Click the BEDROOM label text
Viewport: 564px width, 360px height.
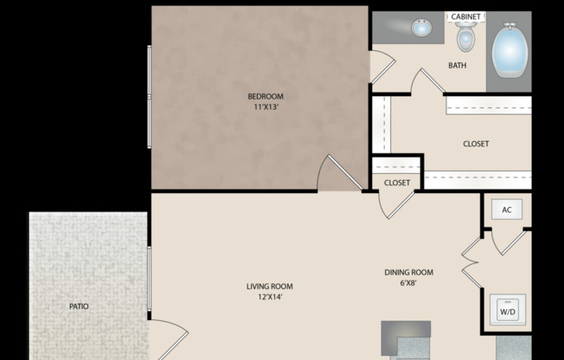[266, 96]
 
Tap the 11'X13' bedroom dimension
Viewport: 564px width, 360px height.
[266, 108]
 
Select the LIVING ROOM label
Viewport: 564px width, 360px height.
[269, 286]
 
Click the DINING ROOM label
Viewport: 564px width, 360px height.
[409, 273]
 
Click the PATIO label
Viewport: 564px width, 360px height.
[79, 306]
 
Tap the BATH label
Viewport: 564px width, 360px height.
[458, 66]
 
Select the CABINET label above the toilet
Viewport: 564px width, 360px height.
[465, 16]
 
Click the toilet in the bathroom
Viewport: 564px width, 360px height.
[466, 37]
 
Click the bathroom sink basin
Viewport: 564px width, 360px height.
[421, 29]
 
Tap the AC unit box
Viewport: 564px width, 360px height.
[507, 210]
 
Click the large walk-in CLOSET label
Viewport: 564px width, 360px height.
[476, 144]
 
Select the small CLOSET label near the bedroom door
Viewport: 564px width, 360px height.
[397, 183]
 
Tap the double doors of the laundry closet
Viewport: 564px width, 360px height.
[471, 260]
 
